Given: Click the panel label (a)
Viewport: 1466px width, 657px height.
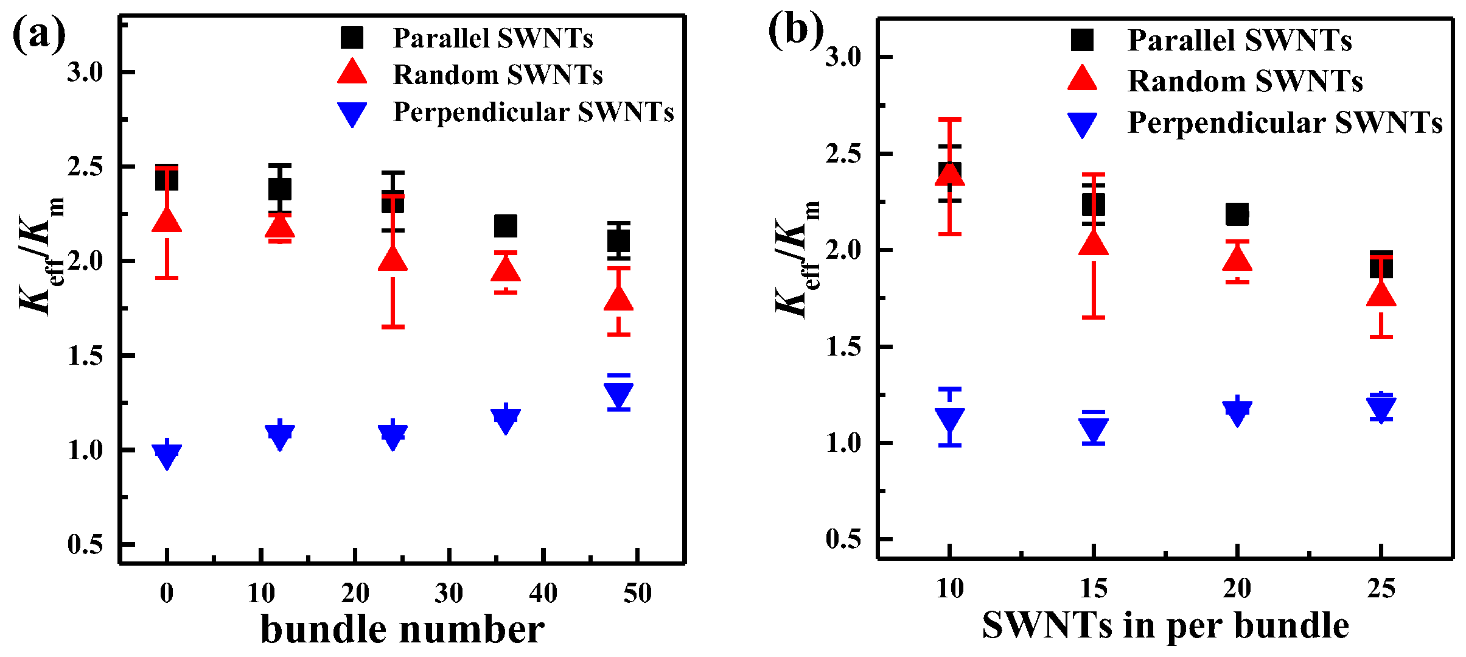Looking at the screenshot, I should click(x=39, y=35).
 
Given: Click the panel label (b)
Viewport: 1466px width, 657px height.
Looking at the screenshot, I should click(x=795, y=30).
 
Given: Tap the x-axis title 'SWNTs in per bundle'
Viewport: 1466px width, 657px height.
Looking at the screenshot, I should click(x=1165, y=626).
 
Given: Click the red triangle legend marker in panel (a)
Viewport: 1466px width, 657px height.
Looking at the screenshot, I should click(x=352, y=72).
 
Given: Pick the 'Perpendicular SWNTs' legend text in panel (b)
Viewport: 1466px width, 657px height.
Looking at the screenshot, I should click(x=1285, y=122).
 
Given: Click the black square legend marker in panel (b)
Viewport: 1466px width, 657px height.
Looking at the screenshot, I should click(x=1082, y=40).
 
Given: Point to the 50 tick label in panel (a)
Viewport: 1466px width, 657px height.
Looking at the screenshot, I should click(x=637, y=593).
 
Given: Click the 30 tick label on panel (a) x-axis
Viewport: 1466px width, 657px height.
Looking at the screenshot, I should click(x=449, y=593).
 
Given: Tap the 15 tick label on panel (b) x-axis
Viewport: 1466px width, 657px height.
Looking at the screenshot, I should click(x=1094, y=589).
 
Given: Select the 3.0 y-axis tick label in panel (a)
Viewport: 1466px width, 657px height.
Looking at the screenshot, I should click(x=85, y=72).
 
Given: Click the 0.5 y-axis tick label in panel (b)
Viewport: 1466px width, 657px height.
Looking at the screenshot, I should click(x=843, y=539).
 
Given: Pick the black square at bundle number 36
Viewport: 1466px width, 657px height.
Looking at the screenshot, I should click(x=506, y=226).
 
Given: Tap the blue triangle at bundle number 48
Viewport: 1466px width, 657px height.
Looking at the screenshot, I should click(x=618, y=395).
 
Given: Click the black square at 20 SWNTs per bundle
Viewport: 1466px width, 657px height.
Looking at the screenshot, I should click(x=1237, y=214).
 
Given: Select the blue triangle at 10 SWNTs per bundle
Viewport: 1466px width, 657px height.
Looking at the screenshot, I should click(x=949, y=420).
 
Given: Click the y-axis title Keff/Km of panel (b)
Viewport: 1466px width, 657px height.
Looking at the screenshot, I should click(x=797, y=259).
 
